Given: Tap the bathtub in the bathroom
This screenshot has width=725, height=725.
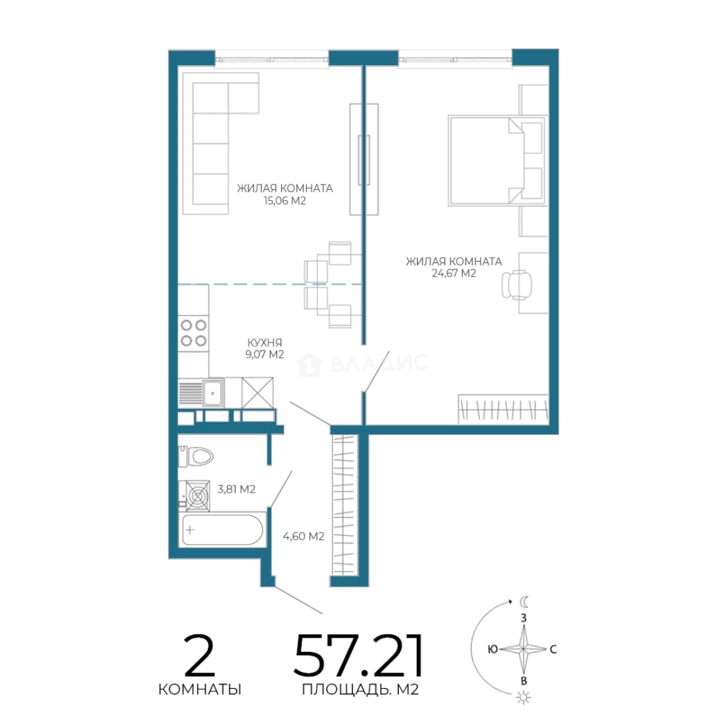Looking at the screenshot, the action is point(222,530).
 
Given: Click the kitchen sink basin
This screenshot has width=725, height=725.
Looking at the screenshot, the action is point(213,393).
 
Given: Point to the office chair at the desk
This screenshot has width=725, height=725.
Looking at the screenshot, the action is point(517,285).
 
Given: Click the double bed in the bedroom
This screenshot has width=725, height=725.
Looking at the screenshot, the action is point(496,160).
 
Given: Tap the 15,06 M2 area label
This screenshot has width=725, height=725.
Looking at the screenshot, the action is point(285,201).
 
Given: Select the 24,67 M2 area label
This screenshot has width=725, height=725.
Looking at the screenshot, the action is point(454,273).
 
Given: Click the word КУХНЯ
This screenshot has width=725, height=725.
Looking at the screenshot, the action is point(264,342).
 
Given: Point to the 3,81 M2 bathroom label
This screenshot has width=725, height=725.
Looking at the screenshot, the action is point(236,489).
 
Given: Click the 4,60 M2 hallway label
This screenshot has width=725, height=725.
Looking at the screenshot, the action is point(303,536).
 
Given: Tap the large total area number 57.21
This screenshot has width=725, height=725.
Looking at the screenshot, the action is point(358,655).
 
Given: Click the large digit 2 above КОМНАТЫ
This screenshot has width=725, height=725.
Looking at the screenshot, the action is point(199,655).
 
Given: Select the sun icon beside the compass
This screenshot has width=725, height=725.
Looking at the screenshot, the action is point(524,697).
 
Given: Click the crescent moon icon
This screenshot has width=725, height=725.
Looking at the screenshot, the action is point(524,601).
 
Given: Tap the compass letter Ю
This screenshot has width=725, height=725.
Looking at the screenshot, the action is point(493,649).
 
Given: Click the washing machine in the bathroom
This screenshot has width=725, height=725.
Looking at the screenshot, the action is point(197,495).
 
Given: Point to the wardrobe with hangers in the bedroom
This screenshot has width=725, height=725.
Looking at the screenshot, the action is point(503,409).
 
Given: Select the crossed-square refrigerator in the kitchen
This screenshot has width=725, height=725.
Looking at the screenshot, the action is point(258,393).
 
